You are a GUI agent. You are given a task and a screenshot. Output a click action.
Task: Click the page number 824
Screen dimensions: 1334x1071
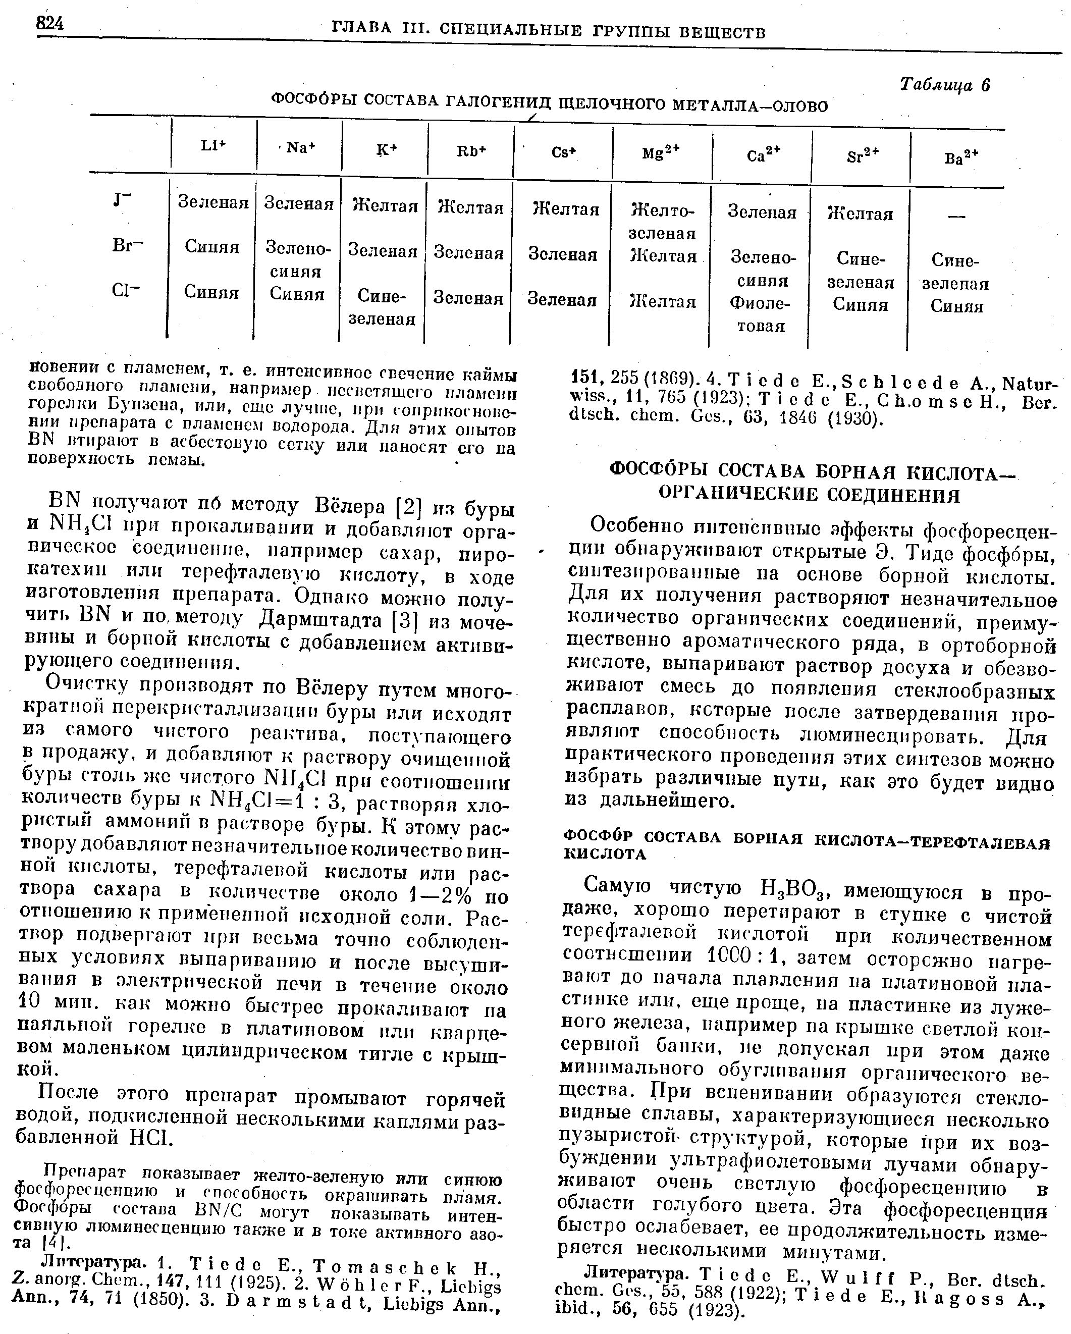coord(49,24)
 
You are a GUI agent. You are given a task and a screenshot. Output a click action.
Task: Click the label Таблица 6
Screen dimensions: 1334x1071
coord(945,85)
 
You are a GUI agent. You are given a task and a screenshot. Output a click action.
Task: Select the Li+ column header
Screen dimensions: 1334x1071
coord(213,146)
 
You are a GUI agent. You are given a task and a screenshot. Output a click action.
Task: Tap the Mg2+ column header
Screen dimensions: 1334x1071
coord(661,152)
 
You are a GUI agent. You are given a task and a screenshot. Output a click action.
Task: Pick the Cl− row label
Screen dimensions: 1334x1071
coord(126,291)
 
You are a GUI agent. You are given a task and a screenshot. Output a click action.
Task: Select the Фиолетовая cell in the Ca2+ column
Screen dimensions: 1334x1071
coord(761,314)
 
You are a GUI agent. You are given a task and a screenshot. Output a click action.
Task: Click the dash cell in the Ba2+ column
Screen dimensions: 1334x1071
coord(956,216)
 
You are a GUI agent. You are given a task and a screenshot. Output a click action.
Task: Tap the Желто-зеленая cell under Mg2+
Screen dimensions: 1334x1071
coord(663,222)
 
